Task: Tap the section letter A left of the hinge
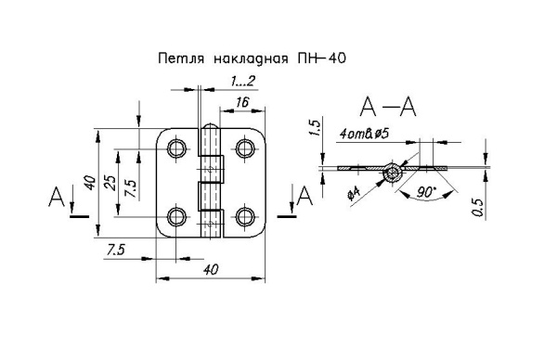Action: [58, 197]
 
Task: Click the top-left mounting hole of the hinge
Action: [175, 148]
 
